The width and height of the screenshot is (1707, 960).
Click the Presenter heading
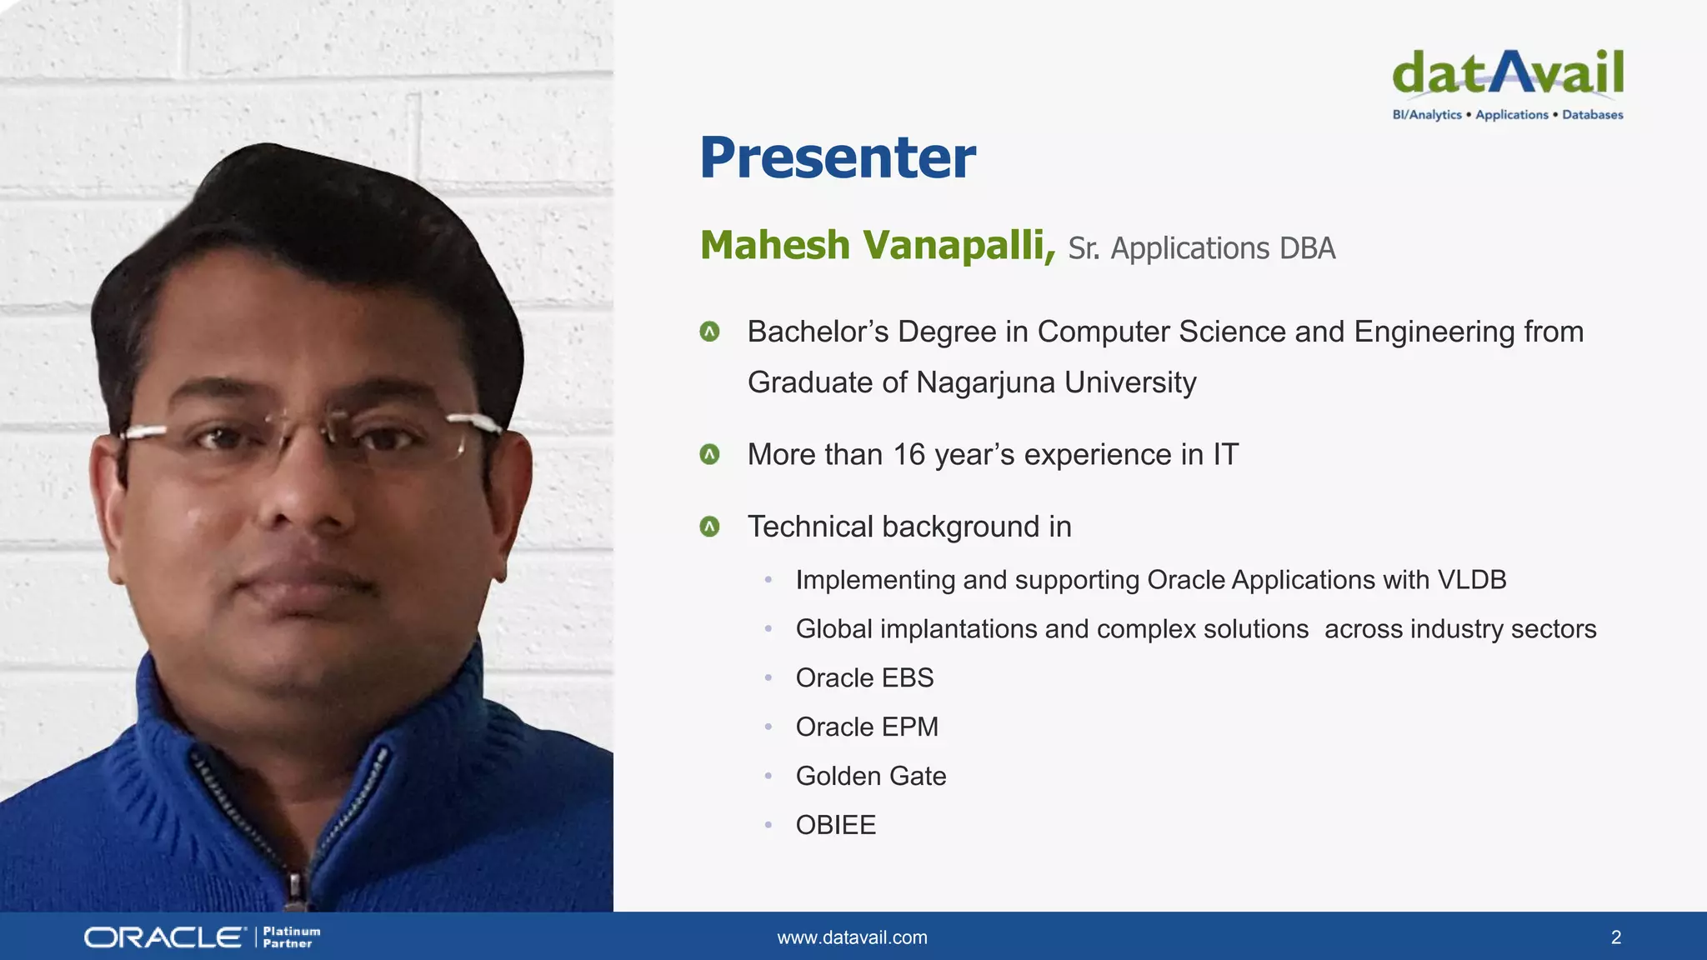(x=837, y=157)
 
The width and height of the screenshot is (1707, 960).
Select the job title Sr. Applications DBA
(x=1201, y=248)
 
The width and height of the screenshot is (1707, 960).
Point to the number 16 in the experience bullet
(x=909, y=455)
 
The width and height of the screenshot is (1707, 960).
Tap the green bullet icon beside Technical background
(x=709, y=527)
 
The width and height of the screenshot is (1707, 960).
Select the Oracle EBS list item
(x=864, y=678)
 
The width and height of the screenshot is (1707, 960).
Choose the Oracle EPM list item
(x=867, y=727)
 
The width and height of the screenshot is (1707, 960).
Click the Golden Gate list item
(x=871, y=777)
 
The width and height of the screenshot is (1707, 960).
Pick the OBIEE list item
(x=836, y=825)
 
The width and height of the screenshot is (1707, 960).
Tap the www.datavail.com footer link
(x=852, y=937)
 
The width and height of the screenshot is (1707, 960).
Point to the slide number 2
(x=1615, y=937)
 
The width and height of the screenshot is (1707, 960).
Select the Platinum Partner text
(x=291, y=937)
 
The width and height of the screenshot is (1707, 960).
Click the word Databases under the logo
(x=1592, y=115)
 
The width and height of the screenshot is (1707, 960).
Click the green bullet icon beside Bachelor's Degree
(x=709, y=332)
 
